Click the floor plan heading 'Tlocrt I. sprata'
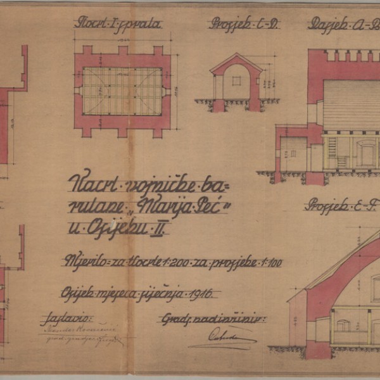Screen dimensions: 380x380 tap(118, 25)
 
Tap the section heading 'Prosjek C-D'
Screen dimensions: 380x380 tap(245, 25)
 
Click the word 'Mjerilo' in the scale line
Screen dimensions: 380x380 tap(82, 260)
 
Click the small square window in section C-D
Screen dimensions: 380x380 tap(236, 81)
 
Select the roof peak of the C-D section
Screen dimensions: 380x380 tap(236, 55)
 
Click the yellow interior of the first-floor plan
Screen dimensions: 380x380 tap(122, 91)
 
